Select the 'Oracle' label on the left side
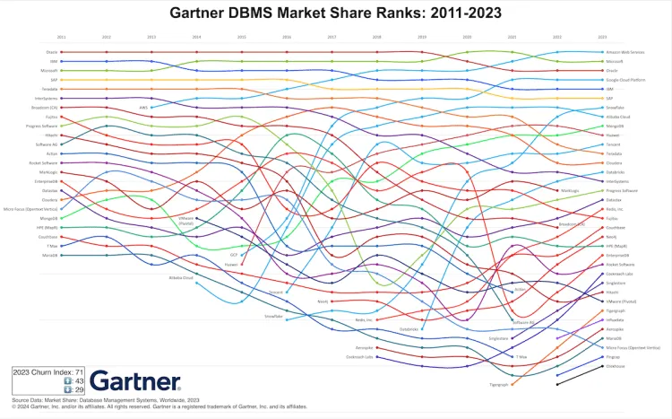pyautogui.click(x=51, y=52)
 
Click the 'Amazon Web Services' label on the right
pyautogui.click(x=625, y=52)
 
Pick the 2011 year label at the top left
pyautogui.click(x=61, y=37)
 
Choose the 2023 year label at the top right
pyautogui.click(x=601, y=37)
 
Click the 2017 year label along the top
pyautogui.click(x=332, y=37)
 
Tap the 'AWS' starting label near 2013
pyautogui.click(x=143, y=108)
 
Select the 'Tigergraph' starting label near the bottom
pyautogui.click(x=499, y=385)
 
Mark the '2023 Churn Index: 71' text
pyautogui.click(x=48, y=371)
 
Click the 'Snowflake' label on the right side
pyautogui.click(x=615, y=108)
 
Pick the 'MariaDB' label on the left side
pyautogui.click(x=50, y=255)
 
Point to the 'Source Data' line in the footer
pyautogui.click(x=106, y=400)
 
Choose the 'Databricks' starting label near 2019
pyautogui.click(x=409, y=329)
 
